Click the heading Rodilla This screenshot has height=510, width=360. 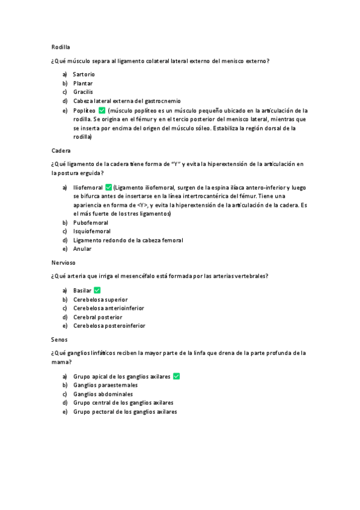pyautogui.click(x=61, y=46)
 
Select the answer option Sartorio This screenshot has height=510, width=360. pyautogui.click(x=84, y=74)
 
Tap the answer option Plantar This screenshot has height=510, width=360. pyautogui.click(x=83, y=83)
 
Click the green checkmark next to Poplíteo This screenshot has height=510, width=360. pyautogui.click(x=102, y=111)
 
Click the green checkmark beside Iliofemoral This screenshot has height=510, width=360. pyautogui.click(x=108, y=188)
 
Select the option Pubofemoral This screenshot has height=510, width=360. pyautogui.click(x=91, y=223)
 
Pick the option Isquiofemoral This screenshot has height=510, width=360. pyautogui.click(x=92, y=231)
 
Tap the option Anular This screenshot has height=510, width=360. pyautogui.click(x=82, y=248)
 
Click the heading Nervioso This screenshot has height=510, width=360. pyautogui.click(x=64, y=262)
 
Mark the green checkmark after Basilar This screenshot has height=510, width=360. pyautogui.click(x=97, y=290)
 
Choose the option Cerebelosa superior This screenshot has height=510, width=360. pyautogui.click(x=100, y=300)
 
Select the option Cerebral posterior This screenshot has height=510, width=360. pyautogui.click(x=98, y=317)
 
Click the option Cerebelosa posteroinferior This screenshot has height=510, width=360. pyautogui.click(x=109, y=326)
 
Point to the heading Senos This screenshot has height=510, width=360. pyautogui.click(x=59, y=339)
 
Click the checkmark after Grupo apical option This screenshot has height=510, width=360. pyautogui.click(x=177, y=376)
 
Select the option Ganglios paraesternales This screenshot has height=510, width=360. pyautogui.click(x=105, y=385)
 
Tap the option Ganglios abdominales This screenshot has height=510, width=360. pyautogui.click(x=103, y=394)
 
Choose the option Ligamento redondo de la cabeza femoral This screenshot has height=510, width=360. pyautogui.click(x=128, y=240)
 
